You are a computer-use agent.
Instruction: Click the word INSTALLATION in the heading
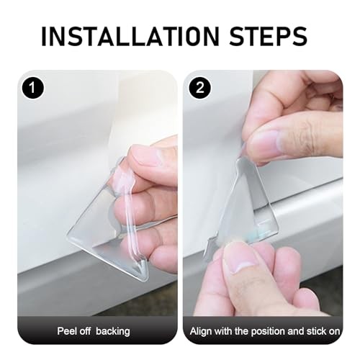click(130, 36)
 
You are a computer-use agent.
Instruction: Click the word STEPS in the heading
click(269, 36)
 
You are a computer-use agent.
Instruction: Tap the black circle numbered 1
click(33, 88)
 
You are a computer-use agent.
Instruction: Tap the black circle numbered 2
click(200, 88)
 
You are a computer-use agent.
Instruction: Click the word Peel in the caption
click(66, 331)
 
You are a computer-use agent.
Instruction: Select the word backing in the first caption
click(113, 332)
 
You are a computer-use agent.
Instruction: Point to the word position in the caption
click(267, 332)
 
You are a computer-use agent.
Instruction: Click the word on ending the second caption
click(335, 332)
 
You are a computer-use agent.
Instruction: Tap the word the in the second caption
click(242, 331)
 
